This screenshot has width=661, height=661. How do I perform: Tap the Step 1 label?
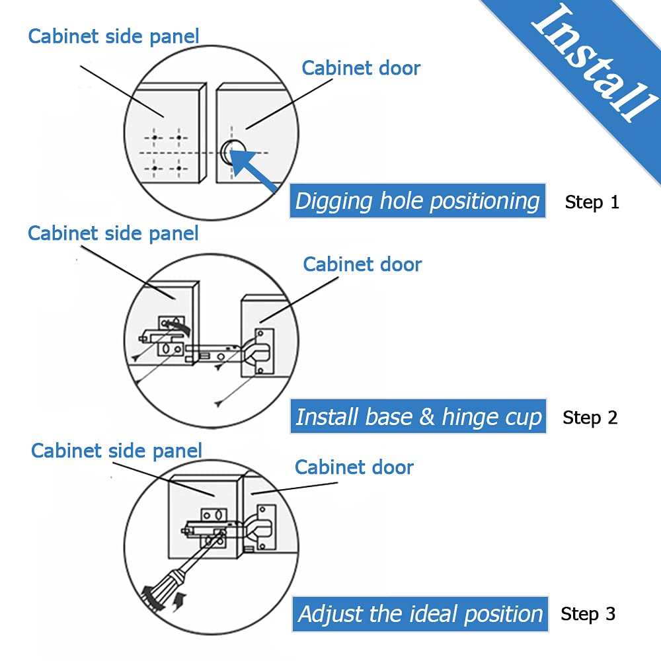click(592, 202)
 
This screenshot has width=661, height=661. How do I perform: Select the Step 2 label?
click(590, 418)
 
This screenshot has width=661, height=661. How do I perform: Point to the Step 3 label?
click(588, 614)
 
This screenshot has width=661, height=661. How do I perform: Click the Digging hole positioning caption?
click(417, 201)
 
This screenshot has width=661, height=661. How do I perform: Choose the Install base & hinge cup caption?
click(418, 417)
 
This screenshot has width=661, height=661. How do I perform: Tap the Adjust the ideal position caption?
click(420, 614)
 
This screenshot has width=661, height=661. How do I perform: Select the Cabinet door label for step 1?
click(361, 68)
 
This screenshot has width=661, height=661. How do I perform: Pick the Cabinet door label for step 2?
click(362, 264)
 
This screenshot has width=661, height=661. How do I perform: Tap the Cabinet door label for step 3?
click(354, 467)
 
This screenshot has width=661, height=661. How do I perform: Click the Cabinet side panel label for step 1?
click(114, 36)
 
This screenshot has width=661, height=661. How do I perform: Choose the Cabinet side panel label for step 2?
click(113, 233)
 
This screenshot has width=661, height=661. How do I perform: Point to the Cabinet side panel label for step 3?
click(116, 451)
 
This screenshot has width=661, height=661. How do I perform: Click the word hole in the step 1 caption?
click(403, 201)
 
